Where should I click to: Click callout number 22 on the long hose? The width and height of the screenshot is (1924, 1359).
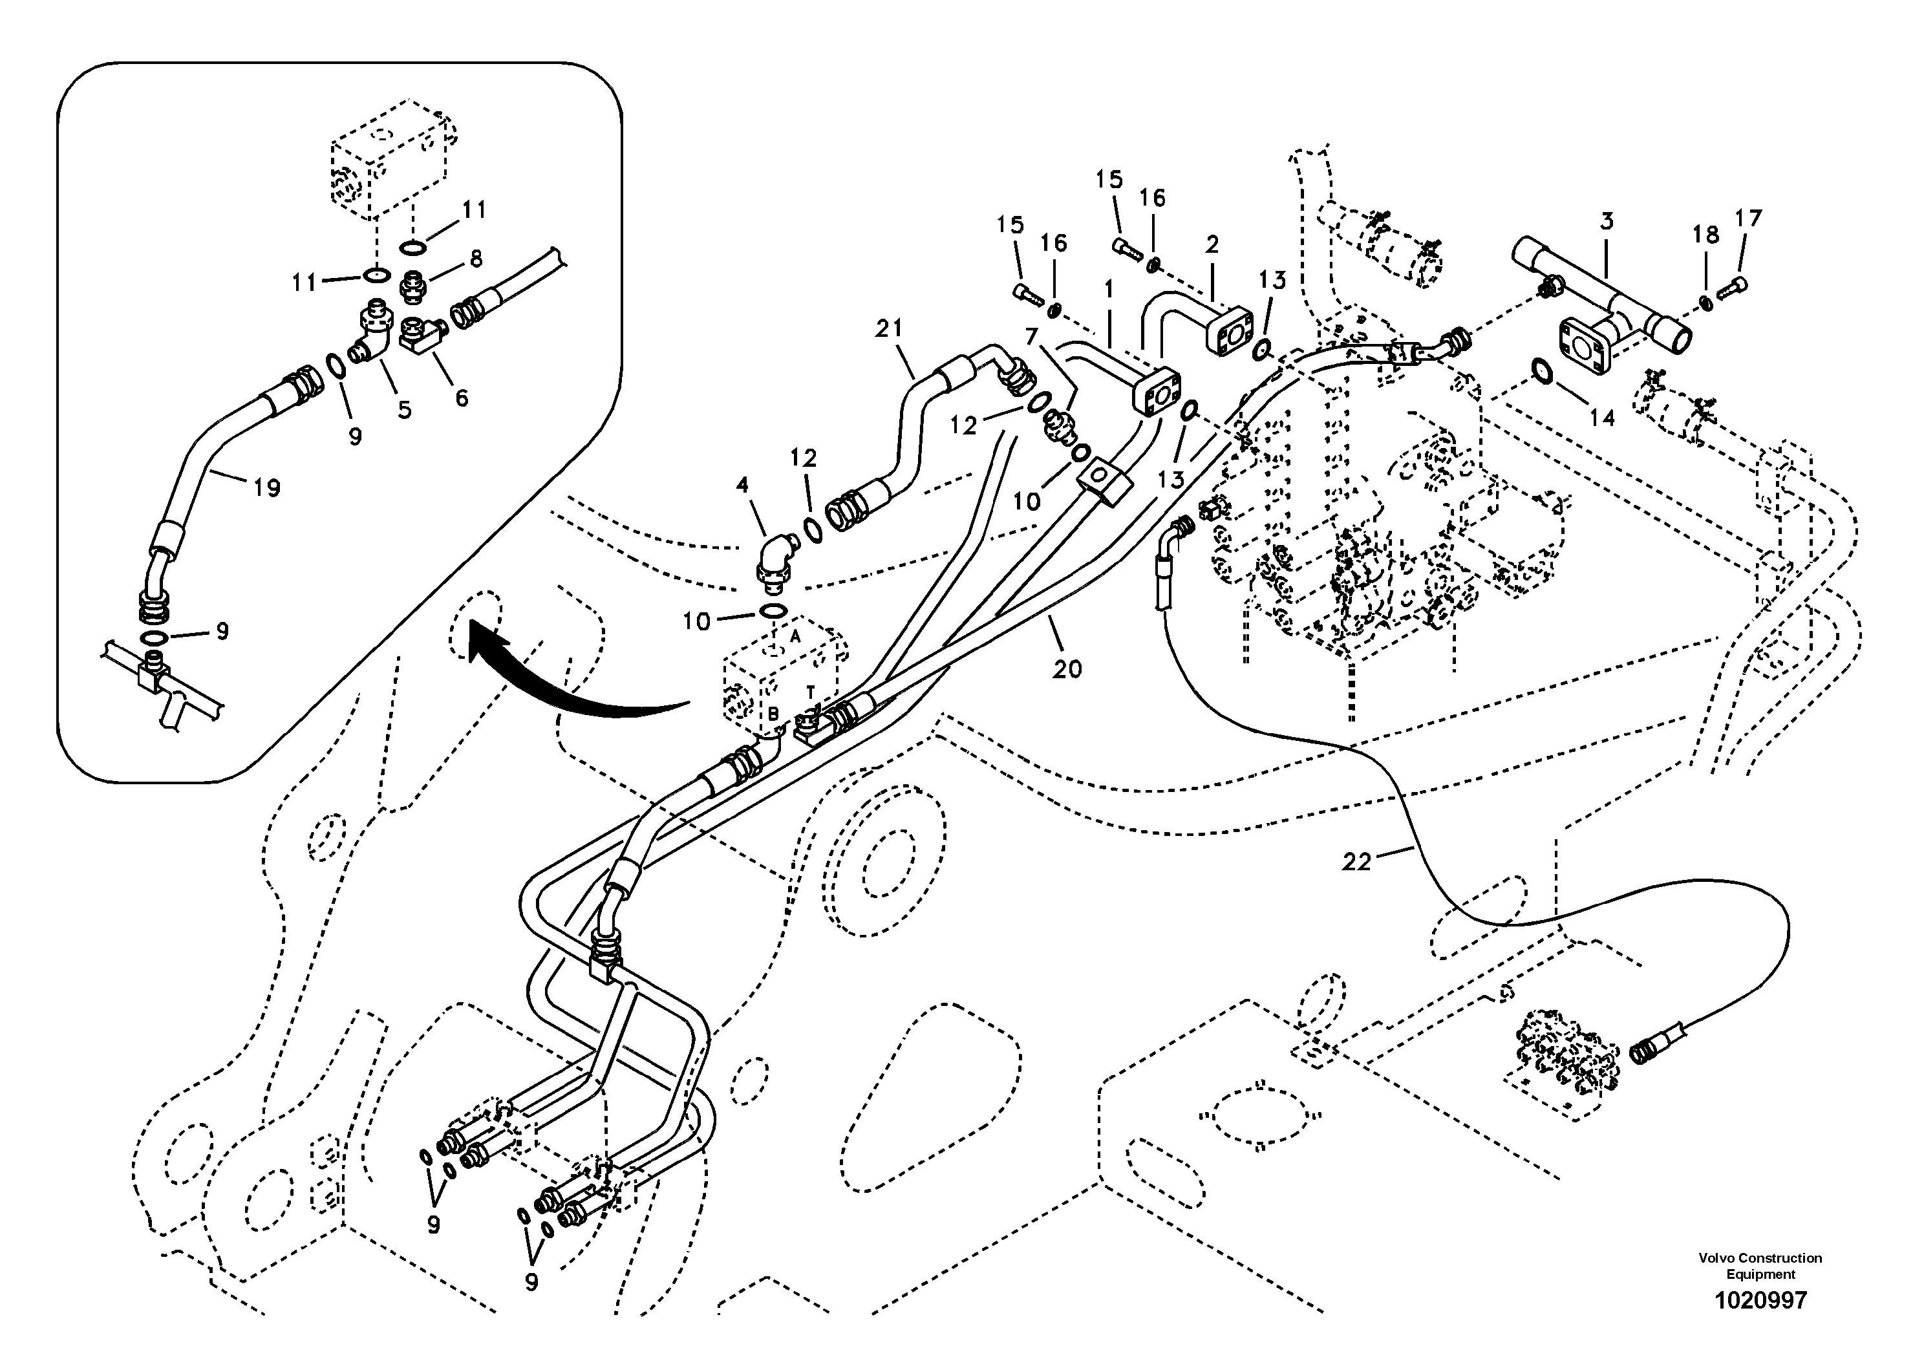(x=1356, y=861)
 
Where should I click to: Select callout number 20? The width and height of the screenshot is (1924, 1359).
(x=1067, y=669)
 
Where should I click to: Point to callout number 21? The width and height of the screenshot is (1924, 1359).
(x=889, y=329)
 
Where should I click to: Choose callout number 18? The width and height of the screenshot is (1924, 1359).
(x=1705, y=235)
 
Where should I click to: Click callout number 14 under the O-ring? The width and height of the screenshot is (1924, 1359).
(x=1601, y=416)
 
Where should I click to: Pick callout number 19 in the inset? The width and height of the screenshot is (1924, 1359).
(x=266, y=487)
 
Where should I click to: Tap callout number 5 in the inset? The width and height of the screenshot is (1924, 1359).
(x=405, y=410)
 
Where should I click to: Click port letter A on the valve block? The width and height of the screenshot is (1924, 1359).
(x=795, y=636)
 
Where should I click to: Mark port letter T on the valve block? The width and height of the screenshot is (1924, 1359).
(x=810, y=691)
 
